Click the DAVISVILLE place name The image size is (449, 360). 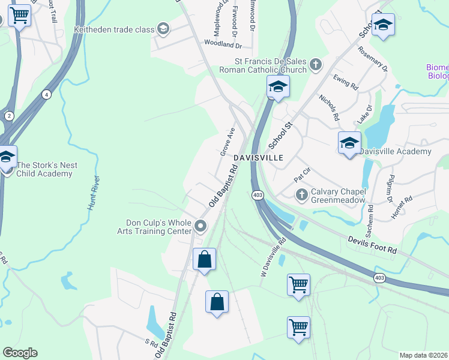pos(258,157)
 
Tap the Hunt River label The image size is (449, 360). pos(93,192)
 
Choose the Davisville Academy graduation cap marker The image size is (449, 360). pos(349,143)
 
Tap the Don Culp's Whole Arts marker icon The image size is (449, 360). pos(200,226)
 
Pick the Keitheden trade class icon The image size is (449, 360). pos(163,29)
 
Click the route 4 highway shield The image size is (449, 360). pos(46,94)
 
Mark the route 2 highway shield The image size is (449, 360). pos(9,115)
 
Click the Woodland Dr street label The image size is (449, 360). pos(222,44)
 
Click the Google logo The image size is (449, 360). pos(20,353)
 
